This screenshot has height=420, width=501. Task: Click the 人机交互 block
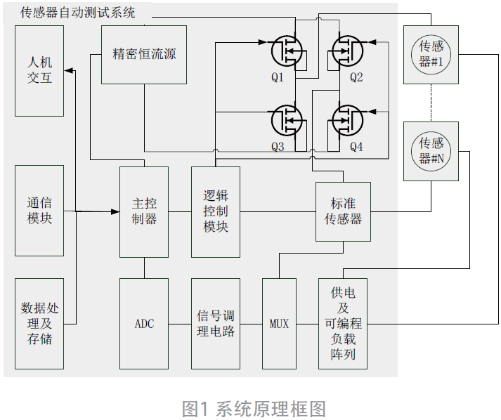pyautogui.click(x=39, y=70)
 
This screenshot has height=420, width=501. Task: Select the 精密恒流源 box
pyautogui.click(x=144, y=55)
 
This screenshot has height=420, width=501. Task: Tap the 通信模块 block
pyautogui.click(x=39, y=211)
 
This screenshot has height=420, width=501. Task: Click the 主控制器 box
pyautogui.click(x=144, y=211)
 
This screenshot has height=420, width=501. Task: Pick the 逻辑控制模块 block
pyautogui.click(x=216, y=211)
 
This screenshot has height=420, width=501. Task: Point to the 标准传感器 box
pyautogui.click(x=343, y=211)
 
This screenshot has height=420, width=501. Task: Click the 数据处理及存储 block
pyautogui.click(x=39, y=323)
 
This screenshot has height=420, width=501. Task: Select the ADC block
pyautogui.click(x=144, y=323)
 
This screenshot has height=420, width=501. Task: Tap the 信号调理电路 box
pyautogui.click(x=216, y=323)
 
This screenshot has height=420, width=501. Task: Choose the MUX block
pyautogui.click(x=280, y=323)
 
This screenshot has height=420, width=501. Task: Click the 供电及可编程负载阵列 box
pyautogui.click(x=343, y=323)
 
